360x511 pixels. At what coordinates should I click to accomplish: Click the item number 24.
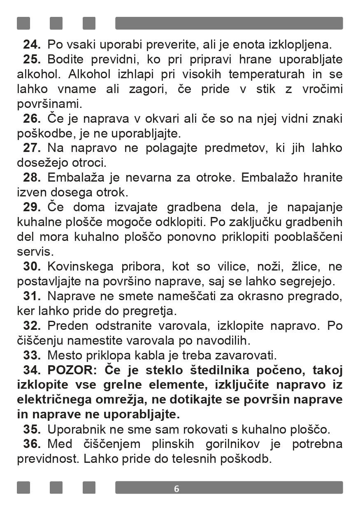coord(31,44)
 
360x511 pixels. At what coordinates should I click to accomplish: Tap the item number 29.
coord(31,207)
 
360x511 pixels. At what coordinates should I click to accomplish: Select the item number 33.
coord(31,355)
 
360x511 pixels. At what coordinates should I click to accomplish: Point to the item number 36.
coord(31,444)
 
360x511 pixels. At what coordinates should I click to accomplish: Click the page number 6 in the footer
coord(177,489)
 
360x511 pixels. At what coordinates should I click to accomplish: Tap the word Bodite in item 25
coord(65,59)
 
